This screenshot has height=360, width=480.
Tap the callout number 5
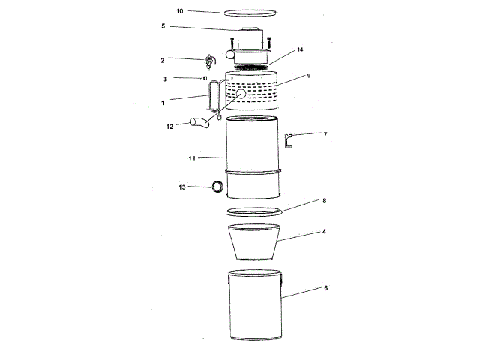(x=162, y=26)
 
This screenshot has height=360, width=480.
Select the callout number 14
(x=299, y=49)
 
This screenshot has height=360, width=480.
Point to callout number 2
(x=162, y=58)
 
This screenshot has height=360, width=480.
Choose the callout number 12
(x=170, y=126)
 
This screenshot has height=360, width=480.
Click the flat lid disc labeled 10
(x=252, y=13)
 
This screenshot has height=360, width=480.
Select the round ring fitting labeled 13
(x=217, y=187)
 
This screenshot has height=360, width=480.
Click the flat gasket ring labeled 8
(x=254, y=211)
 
